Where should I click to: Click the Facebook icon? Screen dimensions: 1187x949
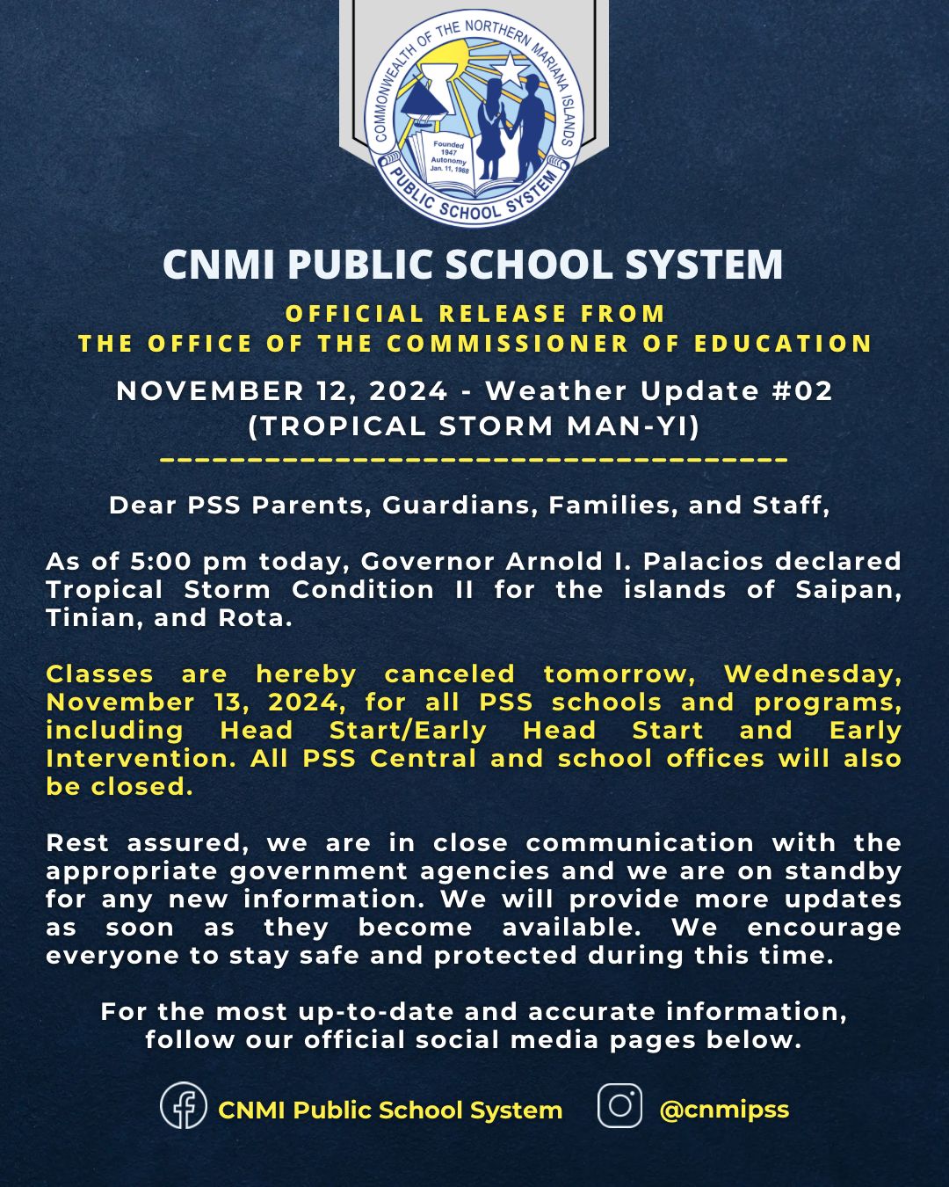tap(184, 1105)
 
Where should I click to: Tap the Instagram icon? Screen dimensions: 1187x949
tap(619, 1105)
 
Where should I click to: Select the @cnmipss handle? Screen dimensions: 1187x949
tap(724, 1110)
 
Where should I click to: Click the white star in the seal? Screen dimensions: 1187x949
tap(510, 69)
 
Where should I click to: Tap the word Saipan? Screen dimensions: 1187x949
tap(848, 589)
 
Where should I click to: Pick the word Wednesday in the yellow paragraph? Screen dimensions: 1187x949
tap(812, 674)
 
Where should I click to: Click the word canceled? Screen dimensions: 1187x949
tap(450, 674)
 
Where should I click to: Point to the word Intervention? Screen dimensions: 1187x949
tap(141, 758)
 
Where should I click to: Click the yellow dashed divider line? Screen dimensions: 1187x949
tap(474, 459)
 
